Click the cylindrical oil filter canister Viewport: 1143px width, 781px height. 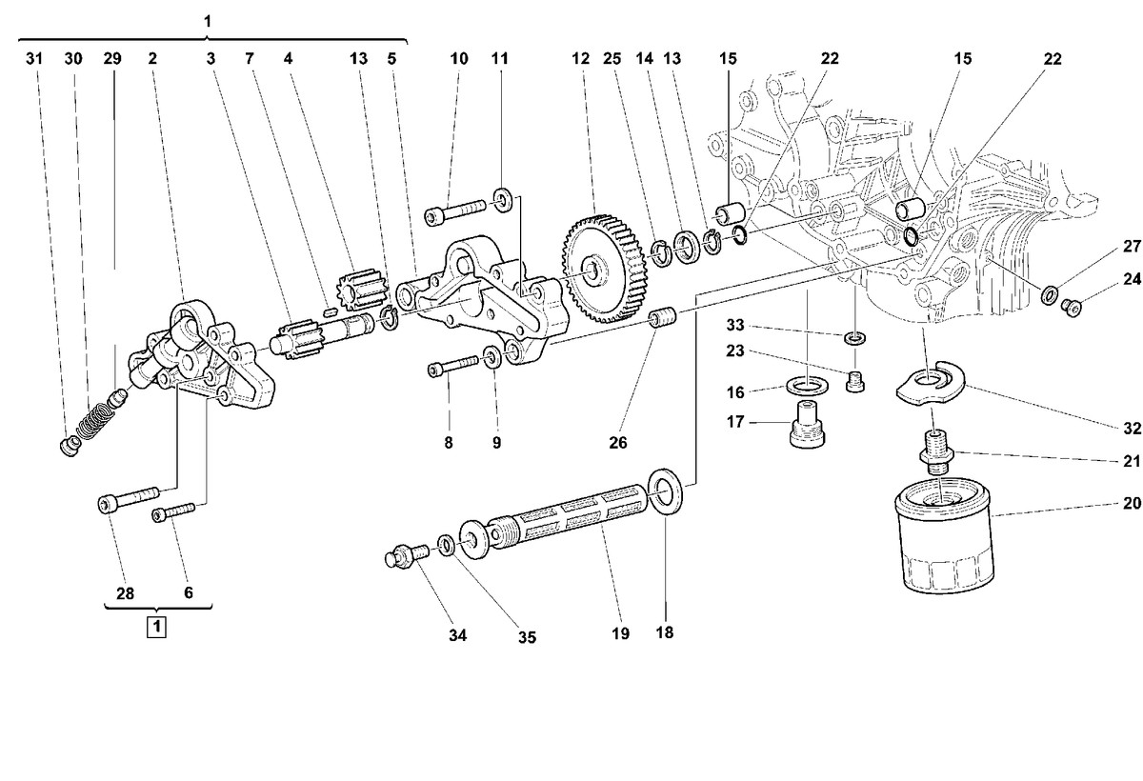(944, 535)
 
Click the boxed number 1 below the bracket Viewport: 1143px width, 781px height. (156, 627)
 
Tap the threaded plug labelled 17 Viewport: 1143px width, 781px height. (807, 424)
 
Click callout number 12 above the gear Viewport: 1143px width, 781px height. (580, 59)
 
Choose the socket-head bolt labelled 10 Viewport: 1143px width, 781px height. (455, 211)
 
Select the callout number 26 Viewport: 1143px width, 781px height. (617, 442)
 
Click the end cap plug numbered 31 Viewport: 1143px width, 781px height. (69, 446)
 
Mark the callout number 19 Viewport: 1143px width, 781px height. (620, 633)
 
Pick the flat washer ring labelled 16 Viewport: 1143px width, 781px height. (807, 385)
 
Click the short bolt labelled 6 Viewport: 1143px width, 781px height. (173, 512)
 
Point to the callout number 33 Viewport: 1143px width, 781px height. (734, 325)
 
